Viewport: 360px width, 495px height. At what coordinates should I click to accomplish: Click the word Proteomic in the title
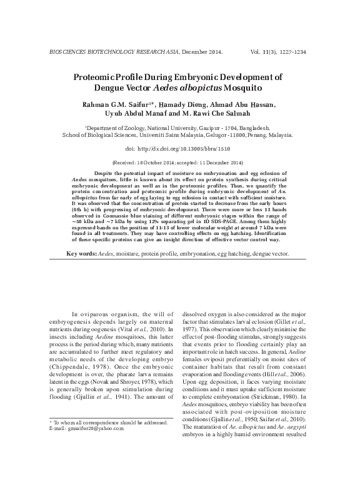[x=114, y=77]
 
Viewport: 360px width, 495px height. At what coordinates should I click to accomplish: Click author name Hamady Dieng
[x=181, y=104]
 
